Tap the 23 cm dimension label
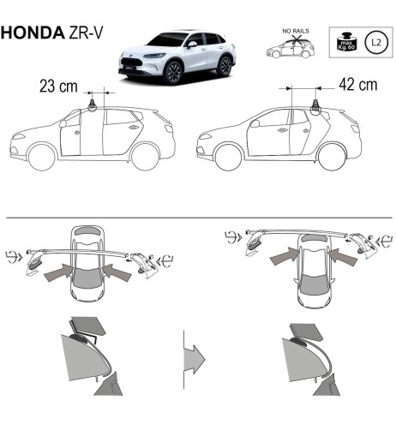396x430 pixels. (58, 87)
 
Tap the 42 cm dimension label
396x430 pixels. (357, 86)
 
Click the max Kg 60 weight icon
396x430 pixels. (346, 41)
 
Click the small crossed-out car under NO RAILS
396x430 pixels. (290, 49)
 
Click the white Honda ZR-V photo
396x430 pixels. (177, 57)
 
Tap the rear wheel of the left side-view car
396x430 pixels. (145, 157)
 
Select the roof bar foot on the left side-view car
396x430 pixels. (92, 105)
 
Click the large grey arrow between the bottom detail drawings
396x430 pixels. (195, 354)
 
